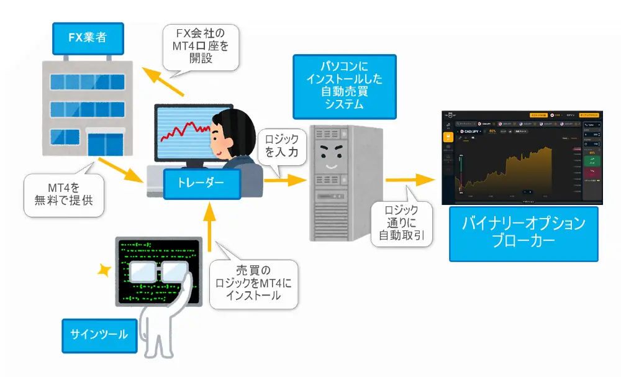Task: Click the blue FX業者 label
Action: click(x=87, y=37)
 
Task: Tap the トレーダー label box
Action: click(x=194, y=183)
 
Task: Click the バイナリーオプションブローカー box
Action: click(x=524, y=232)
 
